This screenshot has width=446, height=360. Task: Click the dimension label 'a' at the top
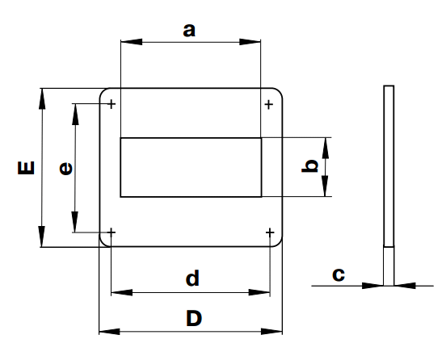pyautogui.click(x=189, y=31)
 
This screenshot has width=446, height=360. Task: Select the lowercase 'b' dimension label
pyautogui.click(x=309, y=166)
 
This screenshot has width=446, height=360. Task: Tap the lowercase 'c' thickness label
pyautogui.click(x=339, y=274)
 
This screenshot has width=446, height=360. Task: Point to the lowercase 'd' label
pyautogui.click(x=192, y=278)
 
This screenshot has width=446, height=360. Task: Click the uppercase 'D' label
pyautogui.click(x=194, y=318)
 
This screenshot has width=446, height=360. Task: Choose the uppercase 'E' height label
pyautogui.click(x=26, y=168)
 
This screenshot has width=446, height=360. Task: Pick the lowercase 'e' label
pyautogui.click(x=65, y=169)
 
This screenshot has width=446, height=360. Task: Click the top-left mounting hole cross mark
pyautogui.click(x=111, y=104)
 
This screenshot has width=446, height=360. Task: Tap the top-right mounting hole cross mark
pyautogui.click(x=269, y=105)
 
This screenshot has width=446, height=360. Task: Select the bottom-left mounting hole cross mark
pyautogui.click(x=111, y=232)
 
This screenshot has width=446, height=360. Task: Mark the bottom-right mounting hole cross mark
pyautogui.click(x=270, y=233)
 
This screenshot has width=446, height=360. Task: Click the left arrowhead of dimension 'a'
pyautogui.click(x=132, y=42)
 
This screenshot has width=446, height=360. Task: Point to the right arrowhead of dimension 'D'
pyautogui.click(x=271, y=331)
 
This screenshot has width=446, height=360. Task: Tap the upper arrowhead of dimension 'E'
pyautogui.click(x=42, y=99)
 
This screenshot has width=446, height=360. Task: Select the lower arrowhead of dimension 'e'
pyautogui.click(x=75, y=222)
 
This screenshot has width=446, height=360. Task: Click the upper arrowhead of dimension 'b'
pyautogui.click(x=326, y=148)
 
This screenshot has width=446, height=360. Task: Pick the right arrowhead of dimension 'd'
pyautogui.click(x=259, y=292)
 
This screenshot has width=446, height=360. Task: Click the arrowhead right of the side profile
pyautogui.click(x=405, y=286)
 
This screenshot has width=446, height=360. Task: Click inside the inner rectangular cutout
pyautogui.click(x=191, y=167)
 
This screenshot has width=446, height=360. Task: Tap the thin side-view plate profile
pyautogui.click(x=389, y=186)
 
